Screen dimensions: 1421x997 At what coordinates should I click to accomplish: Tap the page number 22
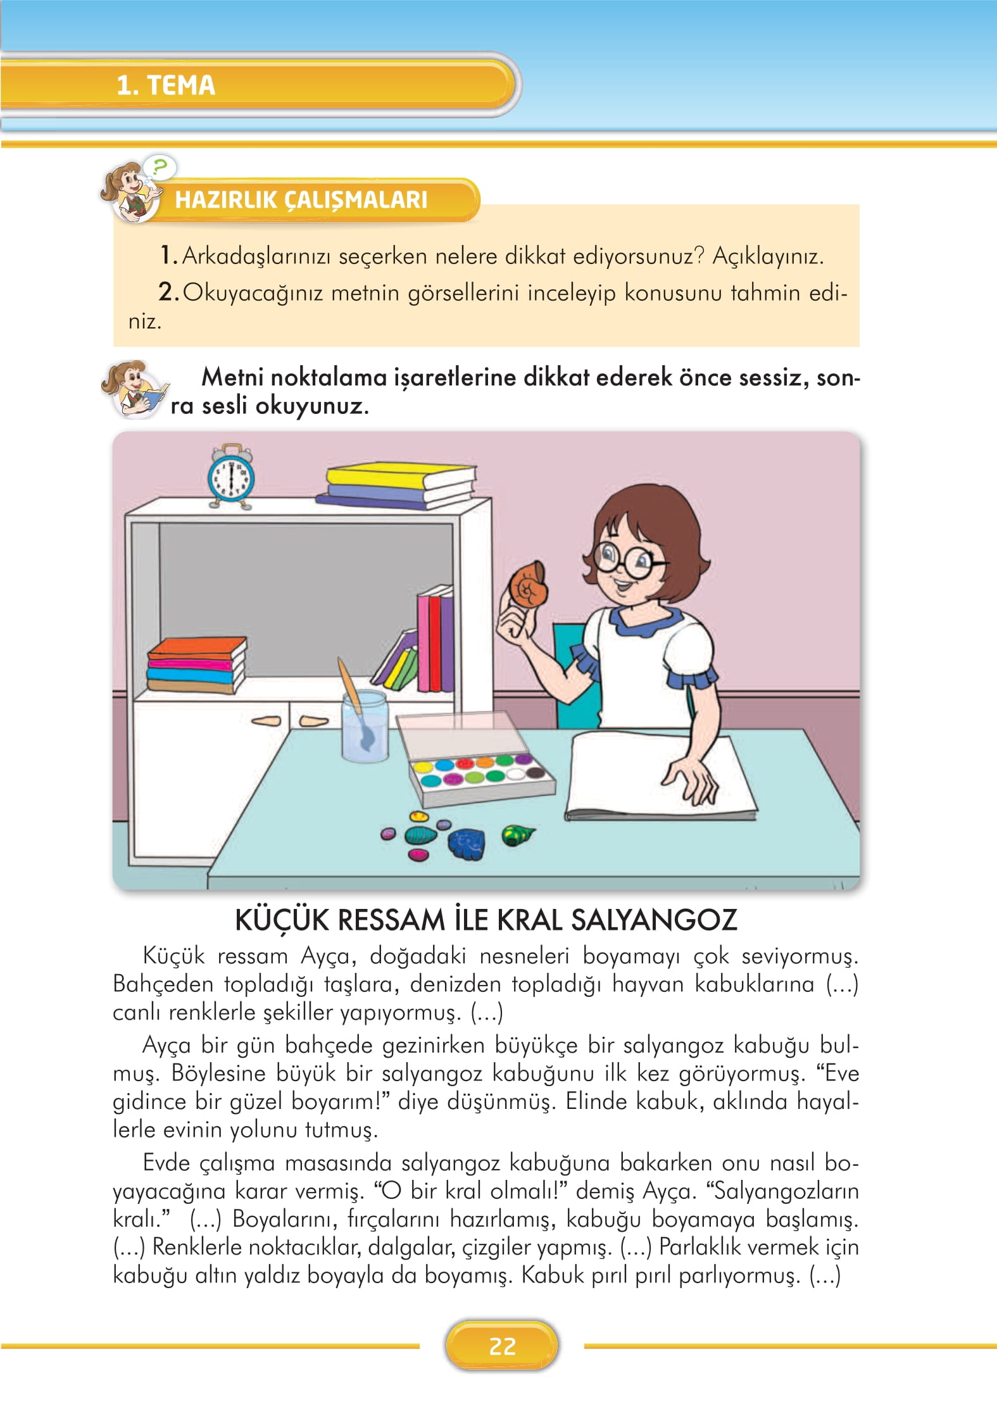pos(502,1346)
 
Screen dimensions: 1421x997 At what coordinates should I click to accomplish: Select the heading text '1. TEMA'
pos(166,85)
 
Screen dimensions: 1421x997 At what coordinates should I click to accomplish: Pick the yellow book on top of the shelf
pos(400,477)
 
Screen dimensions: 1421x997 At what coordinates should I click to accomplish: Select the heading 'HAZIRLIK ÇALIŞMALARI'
pos(301,200)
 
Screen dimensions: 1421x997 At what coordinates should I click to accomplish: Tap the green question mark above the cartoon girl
pos(160,168)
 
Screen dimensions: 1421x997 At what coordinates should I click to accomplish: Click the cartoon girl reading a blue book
pos(134,389)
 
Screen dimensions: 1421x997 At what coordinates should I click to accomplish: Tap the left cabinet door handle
pos(266,720)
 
